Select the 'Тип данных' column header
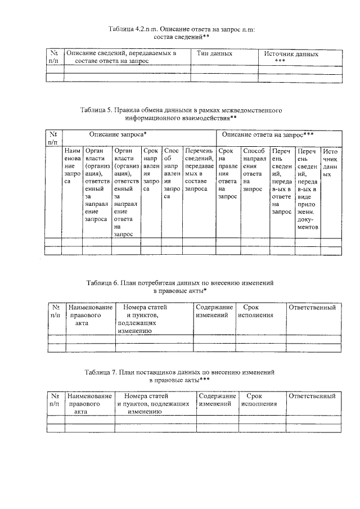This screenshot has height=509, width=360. tap(214, 54)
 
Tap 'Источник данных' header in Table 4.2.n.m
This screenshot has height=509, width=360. tap(291, 57)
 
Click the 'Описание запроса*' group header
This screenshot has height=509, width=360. tap(118, 135)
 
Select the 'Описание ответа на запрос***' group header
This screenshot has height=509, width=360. tap(267, 135)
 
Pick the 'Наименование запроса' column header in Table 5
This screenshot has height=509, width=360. tap(73, 167)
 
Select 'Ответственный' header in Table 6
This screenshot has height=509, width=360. tap(312, 308)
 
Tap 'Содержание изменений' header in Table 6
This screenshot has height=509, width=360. tap(214, 312)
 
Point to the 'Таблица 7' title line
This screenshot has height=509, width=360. tap(180, 372)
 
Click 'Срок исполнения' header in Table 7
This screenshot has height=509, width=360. tap(259, 400)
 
